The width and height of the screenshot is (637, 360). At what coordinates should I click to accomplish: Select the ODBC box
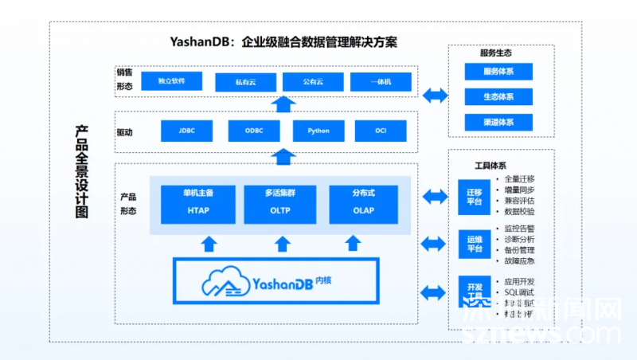click(x=254, y=131)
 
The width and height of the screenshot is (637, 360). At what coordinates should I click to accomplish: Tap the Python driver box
click(x=318, y=131)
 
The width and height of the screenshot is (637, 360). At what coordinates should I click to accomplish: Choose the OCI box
click(x=381, y=131)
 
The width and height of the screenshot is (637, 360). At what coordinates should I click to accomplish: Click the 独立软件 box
click(x=171, y=81)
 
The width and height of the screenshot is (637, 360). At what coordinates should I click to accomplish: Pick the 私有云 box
click(x=246, y=82)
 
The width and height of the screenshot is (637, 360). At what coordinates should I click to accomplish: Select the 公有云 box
click(x=313, y=82)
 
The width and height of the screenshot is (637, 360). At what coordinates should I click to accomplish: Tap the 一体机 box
click(x=380, y=82)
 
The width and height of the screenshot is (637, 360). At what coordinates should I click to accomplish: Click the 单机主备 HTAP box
click(x=198, y=204)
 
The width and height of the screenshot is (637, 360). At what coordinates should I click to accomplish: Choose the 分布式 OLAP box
click(x=363, y=204)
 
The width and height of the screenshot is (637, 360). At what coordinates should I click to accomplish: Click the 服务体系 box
click(x=498, y=72)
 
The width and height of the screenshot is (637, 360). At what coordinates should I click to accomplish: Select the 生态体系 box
click(x=498, y=97)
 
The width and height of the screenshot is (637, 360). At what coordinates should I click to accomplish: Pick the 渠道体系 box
click(x=498, y=123)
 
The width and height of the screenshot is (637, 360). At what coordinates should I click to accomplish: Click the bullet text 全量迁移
click(x=519, y=178)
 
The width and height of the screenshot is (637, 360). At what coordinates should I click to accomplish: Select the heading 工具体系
click(x=490, y=166)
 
